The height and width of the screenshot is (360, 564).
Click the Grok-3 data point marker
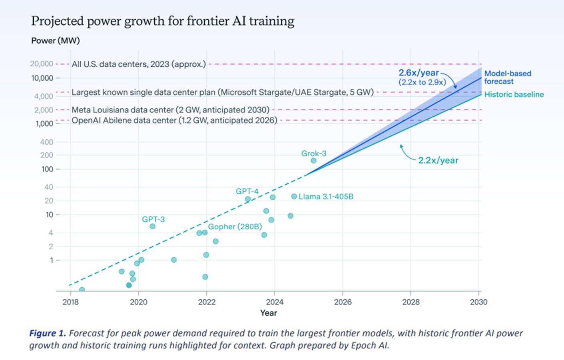tap(313, 161)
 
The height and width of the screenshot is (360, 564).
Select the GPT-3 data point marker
tap(152, 227)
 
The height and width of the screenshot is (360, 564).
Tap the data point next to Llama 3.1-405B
tap(294, 197)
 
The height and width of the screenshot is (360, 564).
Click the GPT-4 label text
tap(247, 191)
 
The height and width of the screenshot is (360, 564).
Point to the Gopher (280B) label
tap(235, 227)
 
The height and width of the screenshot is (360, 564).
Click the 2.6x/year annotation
tap(419, 73)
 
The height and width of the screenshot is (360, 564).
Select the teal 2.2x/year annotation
tap(438, 160)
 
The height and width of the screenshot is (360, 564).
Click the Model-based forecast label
tap(508, 78)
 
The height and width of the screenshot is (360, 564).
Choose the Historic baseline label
tap(514, 95)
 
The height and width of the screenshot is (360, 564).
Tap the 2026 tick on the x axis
tap(343, 302)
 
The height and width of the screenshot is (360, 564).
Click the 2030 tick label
tap(478, 302)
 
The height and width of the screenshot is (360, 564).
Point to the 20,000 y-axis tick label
tap(42, 64)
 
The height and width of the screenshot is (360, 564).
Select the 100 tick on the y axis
tap(47, 169)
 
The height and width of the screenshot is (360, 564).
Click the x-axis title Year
tap(269, 313)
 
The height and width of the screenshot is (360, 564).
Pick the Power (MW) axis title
tap(56, 41)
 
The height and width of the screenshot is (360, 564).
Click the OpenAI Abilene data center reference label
tap(174, 120)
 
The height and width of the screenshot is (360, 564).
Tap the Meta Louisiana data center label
tap(171, 110)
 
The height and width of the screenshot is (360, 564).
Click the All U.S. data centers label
tap(139, 64)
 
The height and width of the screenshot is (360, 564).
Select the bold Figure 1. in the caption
tap(48, 333)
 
